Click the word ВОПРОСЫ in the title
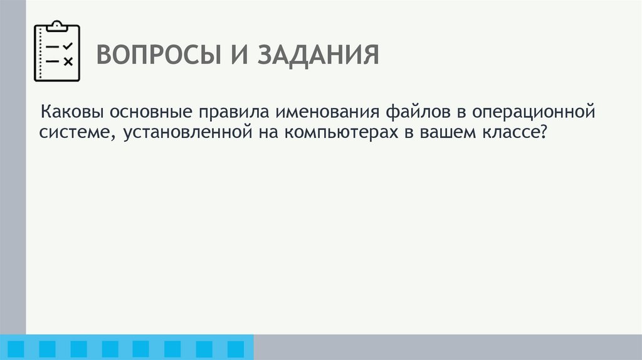point(154,55)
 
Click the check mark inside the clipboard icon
point(68,46)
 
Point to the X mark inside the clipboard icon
point(68,61)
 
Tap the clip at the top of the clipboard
point(57,25)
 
